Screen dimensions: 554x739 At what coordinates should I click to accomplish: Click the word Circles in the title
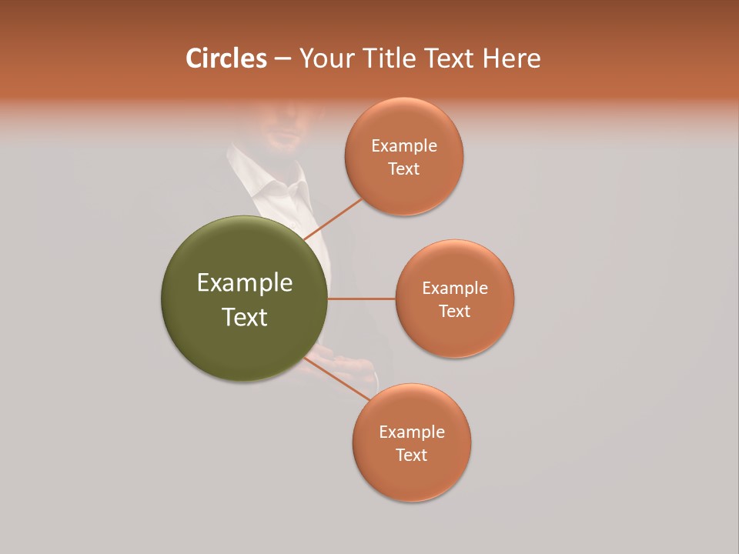(x=226, y=58)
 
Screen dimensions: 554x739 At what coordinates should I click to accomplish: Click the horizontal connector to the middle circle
(x=361, y=299)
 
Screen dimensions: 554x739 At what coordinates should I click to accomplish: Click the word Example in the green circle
(x=245, y=283)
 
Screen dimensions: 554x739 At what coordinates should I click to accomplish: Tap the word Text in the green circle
(x=245, y=317)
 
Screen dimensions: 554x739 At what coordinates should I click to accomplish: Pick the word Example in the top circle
(x=404, y=146)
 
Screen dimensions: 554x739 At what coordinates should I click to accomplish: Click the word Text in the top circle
(x=404, y=169)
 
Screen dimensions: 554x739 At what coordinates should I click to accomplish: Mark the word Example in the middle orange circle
(x=455, y=289)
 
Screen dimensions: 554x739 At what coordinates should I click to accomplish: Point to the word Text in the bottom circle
(x=411, y=456)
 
